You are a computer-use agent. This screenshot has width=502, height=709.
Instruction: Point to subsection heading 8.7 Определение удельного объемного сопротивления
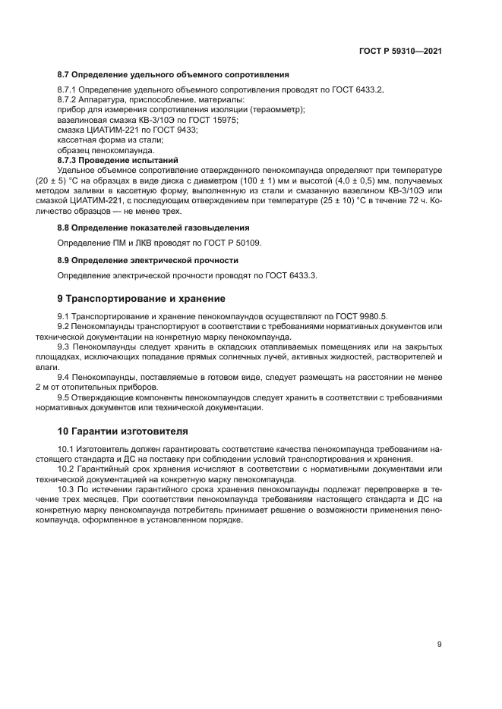pyautogui.click(x=173, y=75)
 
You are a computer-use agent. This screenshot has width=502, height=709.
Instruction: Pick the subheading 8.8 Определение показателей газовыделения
pyautogui.click(x=154, y=227)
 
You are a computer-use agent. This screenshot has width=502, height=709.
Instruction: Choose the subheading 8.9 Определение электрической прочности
pyautogui.click(x=149, y=260)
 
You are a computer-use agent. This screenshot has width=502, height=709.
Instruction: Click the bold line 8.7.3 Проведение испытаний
pyautogui.click(x=118, y=160)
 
